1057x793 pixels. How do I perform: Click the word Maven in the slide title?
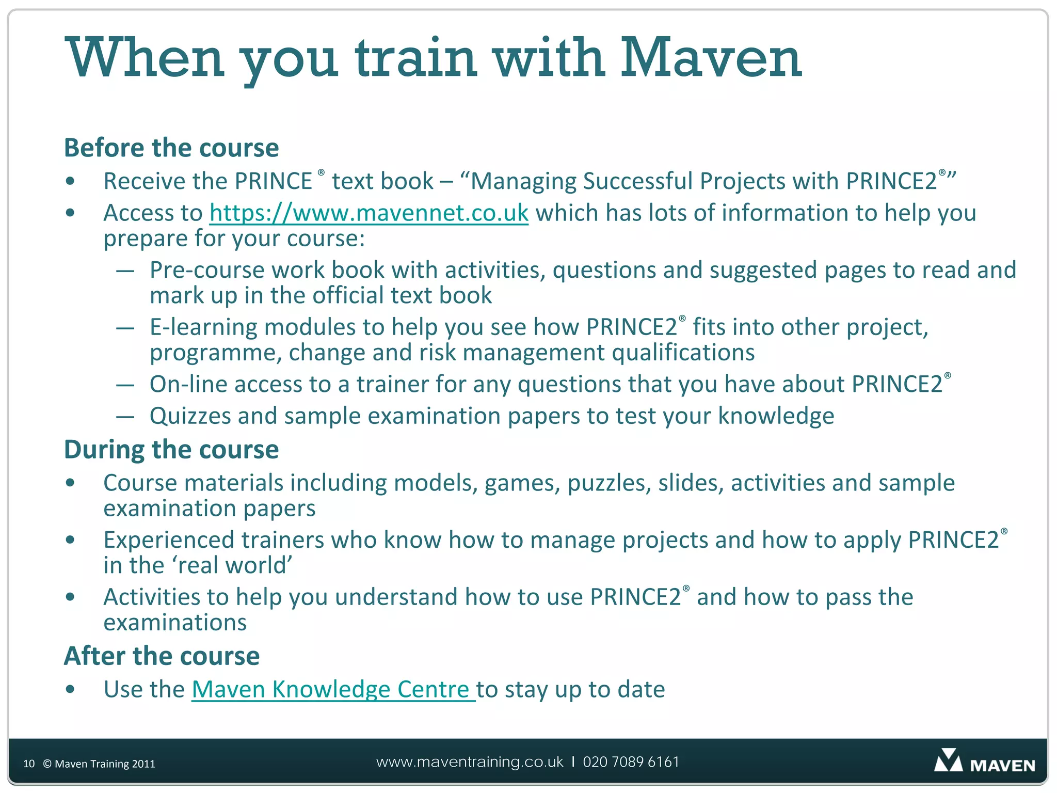point(711,58)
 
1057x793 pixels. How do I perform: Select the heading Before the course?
point(171,148)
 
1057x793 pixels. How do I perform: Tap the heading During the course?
point(171,449)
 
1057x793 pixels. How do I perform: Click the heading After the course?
point(162,656)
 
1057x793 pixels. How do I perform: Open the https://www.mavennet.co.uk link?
point(369,213)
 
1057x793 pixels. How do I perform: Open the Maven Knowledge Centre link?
point(333,690)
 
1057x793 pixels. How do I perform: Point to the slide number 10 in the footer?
point(29,764)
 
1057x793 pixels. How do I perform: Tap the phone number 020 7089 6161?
point(631,762)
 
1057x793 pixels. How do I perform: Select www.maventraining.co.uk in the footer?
point(470,762)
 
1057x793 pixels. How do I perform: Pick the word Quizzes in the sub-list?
point(190,416)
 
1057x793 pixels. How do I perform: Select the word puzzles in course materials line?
point(609,483)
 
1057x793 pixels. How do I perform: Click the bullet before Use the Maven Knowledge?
point(71,690)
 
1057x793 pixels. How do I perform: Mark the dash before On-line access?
point(125,385)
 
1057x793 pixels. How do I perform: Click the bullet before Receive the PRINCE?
point(71,182)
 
